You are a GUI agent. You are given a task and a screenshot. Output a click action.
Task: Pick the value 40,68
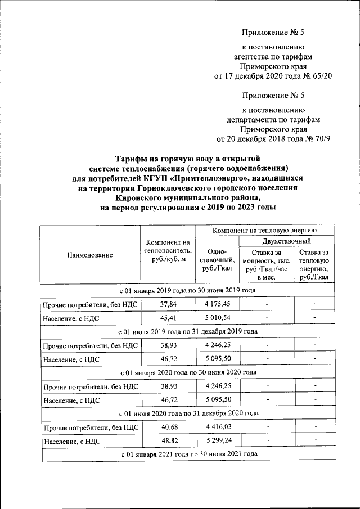[167, 429]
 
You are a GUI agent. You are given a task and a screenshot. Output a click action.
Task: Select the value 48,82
[167, 442]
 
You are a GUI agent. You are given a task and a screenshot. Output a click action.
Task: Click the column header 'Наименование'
[90, 255]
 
